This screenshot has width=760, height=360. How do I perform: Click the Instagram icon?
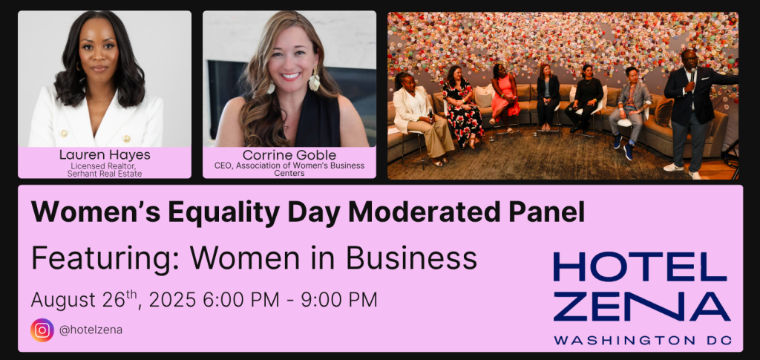[x=42, y=330]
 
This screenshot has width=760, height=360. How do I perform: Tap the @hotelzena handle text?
[x=91, y=330]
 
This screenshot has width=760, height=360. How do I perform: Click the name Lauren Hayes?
[x=105, y=155]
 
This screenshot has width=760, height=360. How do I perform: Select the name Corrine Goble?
[x=289, y=155]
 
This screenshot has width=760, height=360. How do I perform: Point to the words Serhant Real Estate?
[x=105, y=174]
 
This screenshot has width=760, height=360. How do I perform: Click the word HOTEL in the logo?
[x=641, y=267]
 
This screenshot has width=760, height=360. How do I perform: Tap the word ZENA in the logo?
[x=642, y=307]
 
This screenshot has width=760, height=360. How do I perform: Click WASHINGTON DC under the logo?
[x=642, y=340]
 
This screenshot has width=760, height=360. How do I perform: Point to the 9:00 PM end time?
[x=338, y=300]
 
